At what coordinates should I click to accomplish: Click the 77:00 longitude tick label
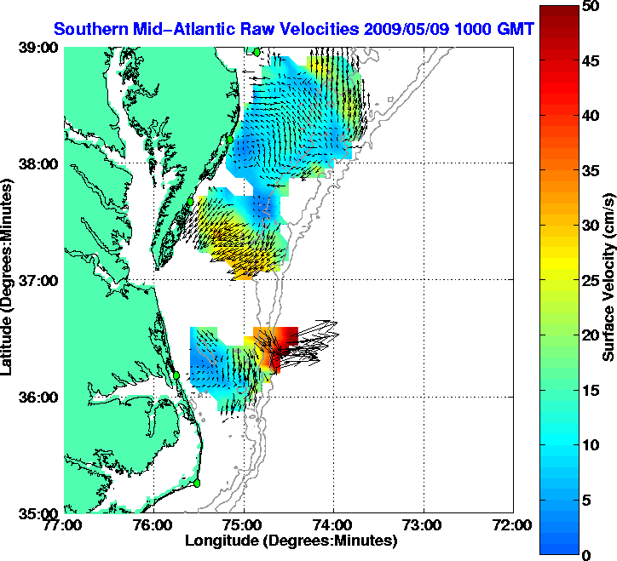pos(65,524)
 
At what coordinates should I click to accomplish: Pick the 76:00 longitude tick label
pos(154,524)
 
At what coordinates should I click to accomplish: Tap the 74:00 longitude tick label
pos(334,524)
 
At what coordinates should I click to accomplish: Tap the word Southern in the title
pos(89,29)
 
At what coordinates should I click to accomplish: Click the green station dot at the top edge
pos(257,52)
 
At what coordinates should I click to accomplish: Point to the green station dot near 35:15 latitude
pos(197,483)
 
